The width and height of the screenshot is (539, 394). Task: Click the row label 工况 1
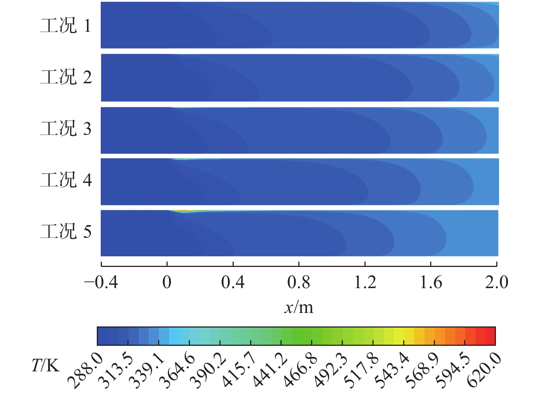click(x=66, y=26)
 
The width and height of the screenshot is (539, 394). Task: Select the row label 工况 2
click(x=66, y=77)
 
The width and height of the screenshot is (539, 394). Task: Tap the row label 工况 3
click(x=66, y=129)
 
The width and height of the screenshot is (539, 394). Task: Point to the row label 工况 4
click(x=66, y=180)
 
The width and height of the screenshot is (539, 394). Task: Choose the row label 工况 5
click(x=66, y=232)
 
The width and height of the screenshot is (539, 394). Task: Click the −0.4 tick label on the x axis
click(x=101, y=282)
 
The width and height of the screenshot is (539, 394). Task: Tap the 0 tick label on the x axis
click(x=167, y=282)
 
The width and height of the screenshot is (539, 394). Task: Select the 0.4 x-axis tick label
click(x=233, y=282)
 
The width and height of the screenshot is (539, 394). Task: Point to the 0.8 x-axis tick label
click(x=299, y=282)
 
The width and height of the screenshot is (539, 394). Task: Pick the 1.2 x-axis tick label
click(x=365, y=282)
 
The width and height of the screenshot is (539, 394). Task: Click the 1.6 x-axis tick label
click(x=431, y=282)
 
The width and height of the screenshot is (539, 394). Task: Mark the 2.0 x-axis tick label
click(x=496, y=282)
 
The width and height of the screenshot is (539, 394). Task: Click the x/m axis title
click(x=299, y=307)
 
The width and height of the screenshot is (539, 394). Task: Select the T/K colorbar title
click(x=46, y=365)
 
